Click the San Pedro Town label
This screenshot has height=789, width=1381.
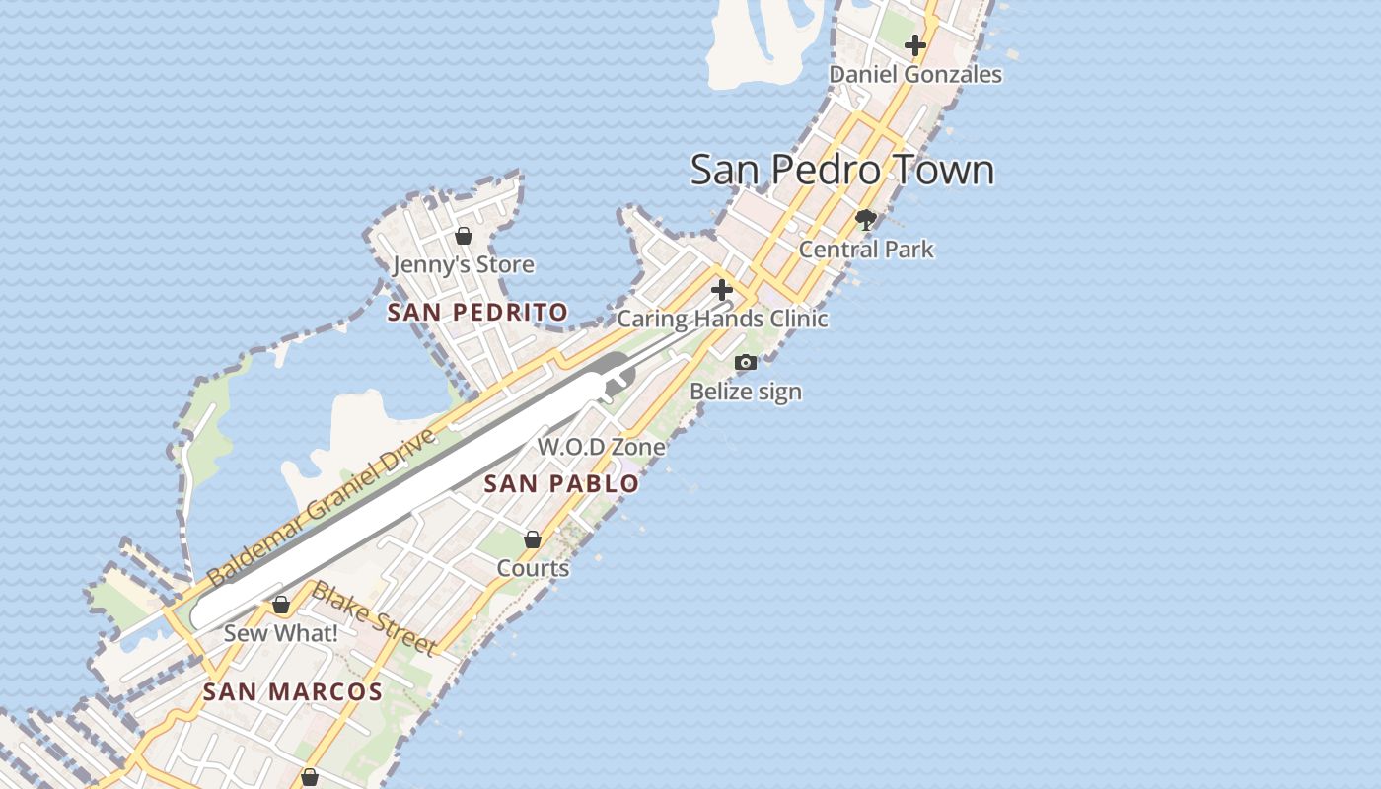click(x=841, y=170)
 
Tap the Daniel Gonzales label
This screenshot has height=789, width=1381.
click(x=914, y=74)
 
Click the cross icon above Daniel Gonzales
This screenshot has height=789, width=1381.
click(x=914, y=45)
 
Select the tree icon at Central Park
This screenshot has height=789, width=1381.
click(x=866, y=220)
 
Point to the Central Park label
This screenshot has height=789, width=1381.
click(x=865, y=249)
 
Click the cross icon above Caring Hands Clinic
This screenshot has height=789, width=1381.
click(x=722, y=290)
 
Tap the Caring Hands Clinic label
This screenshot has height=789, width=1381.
click(x=722, y=319)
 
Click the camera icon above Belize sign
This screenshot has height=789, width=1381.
click(x=746, y=363)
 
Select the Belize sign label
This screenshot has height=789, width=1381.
click(x=745, y=392)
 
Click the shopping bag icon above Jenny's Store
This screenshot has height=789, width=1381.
click(x=464, y=236)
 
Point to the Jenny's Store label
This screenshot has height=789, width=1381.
click(x=464, y=264)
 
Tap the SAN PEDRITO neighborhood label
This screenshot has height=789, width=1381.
click(x=477, y=313)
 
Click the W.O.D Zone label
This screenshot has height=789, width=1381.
click(x=601, y=447)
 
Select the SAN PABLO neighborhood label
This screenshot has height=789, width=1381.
click(x=561, y=484)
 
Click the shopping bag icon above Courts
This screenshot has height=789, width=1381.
click(x=533, y=539)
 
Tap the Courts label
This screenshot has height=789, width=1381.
click(x=533, y=568)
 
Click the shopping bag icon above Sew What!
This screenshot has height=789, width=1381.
click(x=281, y=605)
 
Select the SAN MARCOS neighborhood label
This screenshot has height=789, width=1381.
click(x=292, y=692)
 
